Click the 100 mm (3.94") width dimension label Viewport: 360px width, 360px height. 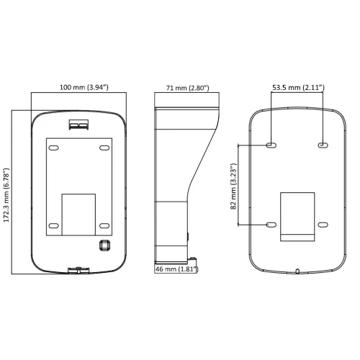tap(84, 87)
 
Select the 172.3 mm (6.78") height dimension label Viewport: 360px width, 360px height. tap(6, 195)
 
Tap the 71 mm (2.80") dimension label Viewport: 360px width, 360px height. tap(188, 88)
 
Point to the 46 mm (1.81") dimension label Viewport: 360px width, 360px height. tap(177, 269)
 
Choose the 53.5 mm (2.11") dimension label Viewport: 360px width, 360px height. tap(298, 87)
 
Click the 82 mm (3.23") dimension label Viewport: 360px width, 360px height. tap(233, 186)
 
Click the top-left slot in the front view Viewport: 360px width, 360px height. tap(53, 148)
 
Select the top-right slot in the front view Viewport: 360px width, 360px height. tap(104, 148)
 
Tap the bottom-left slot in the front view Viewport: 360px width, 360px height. tap(53, 225)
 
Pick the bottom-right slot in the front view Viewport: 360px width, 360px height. tap(104, 225)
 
